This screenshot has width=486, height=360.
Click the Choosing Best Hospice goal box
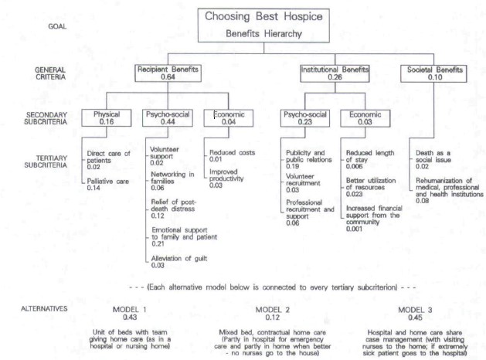click(263, 25)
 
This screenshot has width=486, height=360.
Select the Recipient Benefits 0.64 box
click(168, 73)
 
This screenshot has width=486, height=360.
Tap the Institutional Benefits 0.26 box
click(335, 73)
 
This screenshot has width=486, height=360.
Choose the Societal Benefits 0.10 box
click(433, 73)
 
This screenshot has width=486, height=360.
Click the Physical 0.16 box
click(107, 118)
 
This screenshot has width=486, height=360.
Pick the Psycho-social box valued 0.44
click(168, 118)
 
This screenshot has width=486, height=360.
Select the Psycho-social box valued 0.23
click(305, 118)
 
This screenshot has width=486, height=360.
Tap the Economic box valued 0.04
click(229, 118)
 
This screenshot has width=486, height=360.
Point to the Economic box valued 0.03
click(365, 118)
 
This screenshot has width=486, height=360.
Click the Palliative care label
click(108, 182)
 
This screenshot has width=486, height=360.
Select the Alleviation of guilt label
click(179, 258)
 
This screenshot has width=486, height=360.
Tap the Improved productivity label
click(226, 175)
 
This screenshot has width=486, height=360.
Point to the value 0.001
click(354, 229)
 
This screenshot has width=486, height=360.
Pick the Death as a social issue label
click(433, 157)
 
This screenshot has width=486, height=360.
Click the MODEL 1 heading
click(129, 310)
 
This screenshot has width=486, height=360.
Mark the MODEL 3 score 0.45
click(415, 318)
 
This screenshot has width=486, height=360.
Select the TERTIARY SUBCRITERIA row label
click(46, 161)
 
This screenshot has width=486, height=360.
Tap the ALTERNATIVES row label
click(44, 308)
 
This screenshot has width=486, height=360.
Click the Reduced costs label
click(232, 152)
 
